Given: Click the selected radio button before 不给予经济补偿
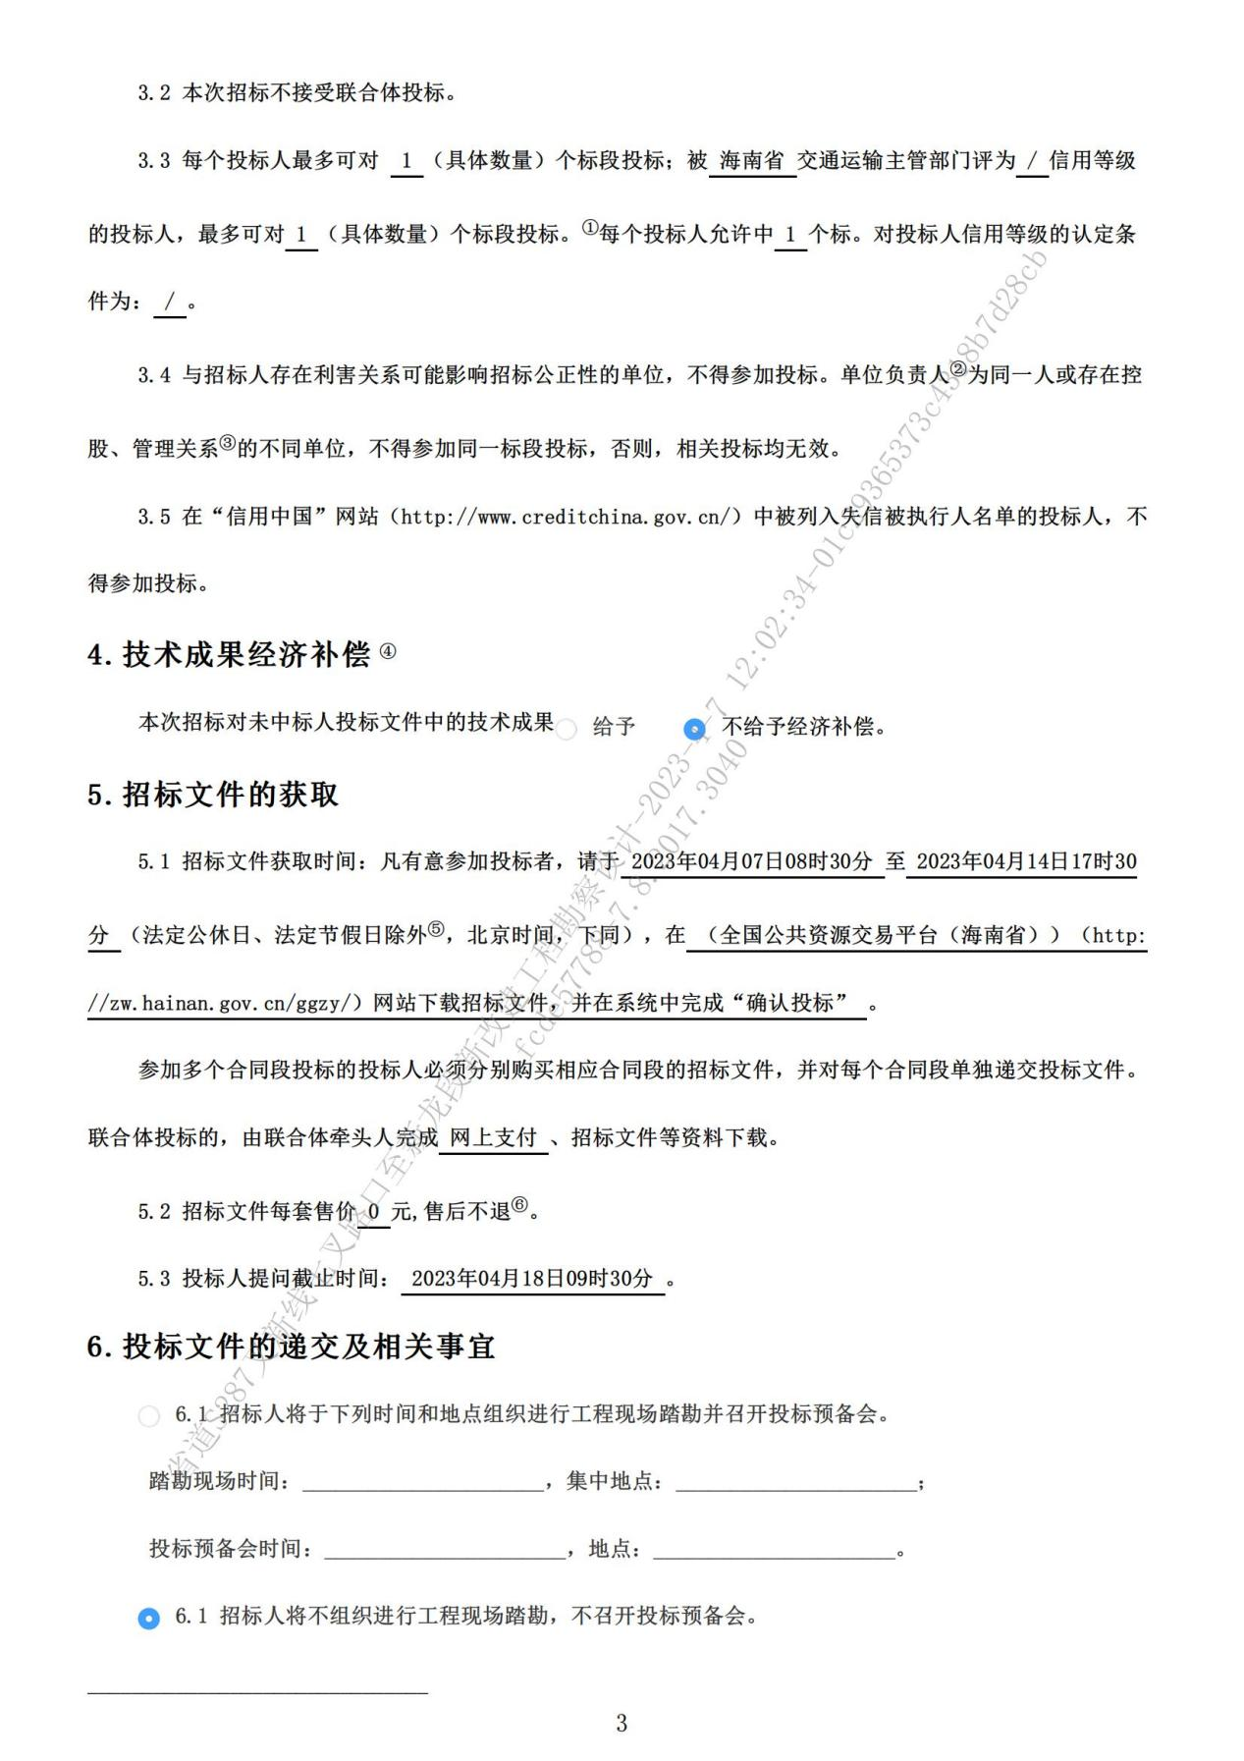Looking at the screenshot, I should [694, 729].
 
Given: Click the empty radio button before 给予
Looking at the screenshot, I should [567, 729].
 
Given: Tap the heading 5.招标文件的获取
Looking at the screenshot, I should [213, 795].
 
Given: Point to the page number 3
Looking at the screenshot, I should [622, 1723].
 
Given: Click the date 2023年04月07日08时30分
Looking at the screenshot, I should [751, 861].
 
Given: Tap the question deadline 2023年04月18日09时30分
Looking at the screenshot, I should [531, 1278].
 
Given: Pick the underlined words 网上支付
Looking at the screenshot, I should [493, 1137].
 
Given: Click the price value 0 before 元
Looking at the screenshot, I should [374, 1212].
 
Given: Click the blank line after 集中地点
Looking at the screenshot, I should [795, 1482].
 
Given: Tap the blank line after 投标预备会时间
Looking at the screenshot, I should [445, 1550].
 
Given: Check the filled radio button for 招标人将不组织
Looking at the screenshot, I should [148, 1618].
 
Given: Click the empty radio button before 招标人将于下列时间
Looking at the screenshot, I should [148, 1416].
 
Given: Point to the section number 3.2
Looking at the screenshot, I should [154, 93].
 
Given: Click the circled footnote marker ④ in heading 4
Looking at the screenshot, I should [388, 651].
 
